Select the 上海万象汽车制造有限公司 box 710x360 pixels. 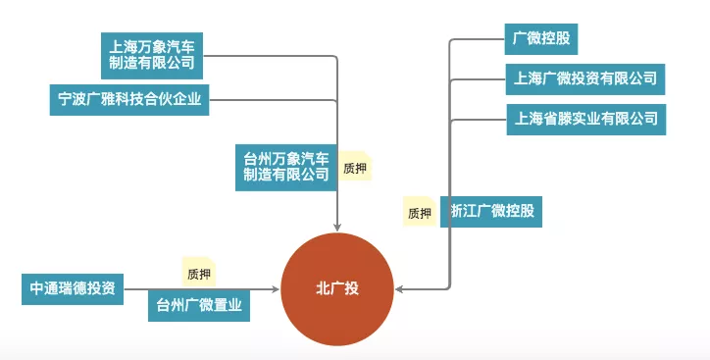tap(152, 55)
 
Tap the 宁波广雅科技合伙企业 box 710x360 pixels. tap(129, 99)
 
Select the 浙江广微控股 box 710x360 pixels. tap(490, 211)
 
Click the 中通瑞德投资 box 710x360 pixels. tap(73, 288)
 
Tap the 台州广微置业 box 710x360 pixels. tap(199, 305)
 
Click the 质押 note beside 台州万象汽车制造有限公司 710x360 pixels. tap(355, 168)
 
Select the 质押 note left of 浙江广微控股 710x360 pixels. tap(420, 211)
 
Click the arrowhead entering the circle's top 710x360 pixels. tap(337, 227)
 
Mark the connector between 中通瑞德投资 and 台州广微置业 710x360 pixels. tap(136, 289)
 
